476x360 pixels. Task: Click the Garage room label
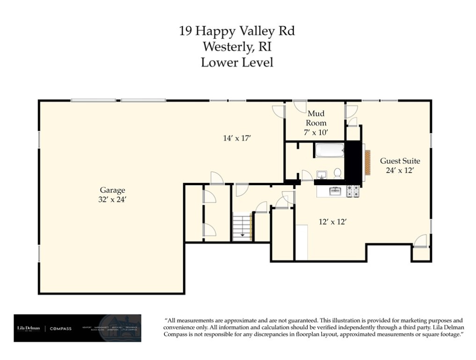112,190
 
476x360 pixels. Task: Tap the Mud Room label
316,118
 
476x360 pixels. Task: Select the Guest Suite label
399,161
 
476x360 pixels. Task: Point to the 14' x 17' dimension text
237,138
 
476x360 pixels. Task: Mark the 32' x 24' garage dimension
112,199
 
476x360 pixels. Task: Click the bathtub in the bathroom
329,151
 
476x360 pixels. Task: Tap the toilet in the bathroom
337,173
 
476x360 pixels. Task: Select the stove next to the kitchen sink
353,191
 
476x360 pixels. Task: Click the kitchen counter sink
335,191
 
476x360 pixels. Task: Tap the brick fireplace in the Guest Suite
368,162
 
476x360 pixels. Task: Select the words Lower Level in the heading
237,62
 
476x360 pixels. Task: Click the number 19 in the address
185,31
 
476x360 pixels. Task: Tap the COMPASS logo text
60,329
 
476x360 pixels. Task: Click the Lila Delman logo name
28,328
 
